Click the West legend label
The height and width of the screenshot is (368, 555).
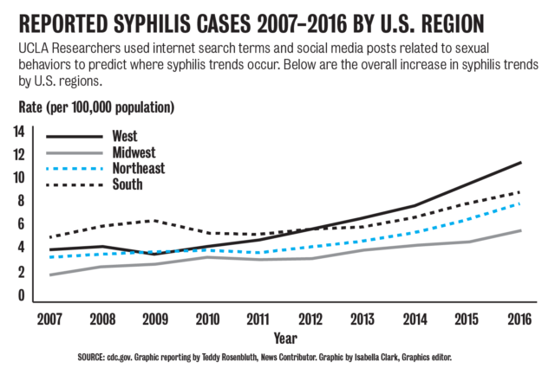(126, 136)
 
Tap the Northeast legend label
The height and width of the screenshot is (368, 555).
(139, 168)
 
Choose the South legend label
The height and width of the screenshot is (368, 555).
(127, 184)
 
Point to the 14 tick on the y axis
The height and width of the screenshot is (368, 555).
(17, 131)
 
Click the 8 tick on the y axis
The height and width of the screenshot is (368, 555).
(21, 201)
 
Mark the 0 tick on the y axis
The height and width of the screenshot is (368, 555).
(21, 295)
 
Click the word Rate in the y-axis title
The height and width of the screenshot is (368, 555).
(34, 108)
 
